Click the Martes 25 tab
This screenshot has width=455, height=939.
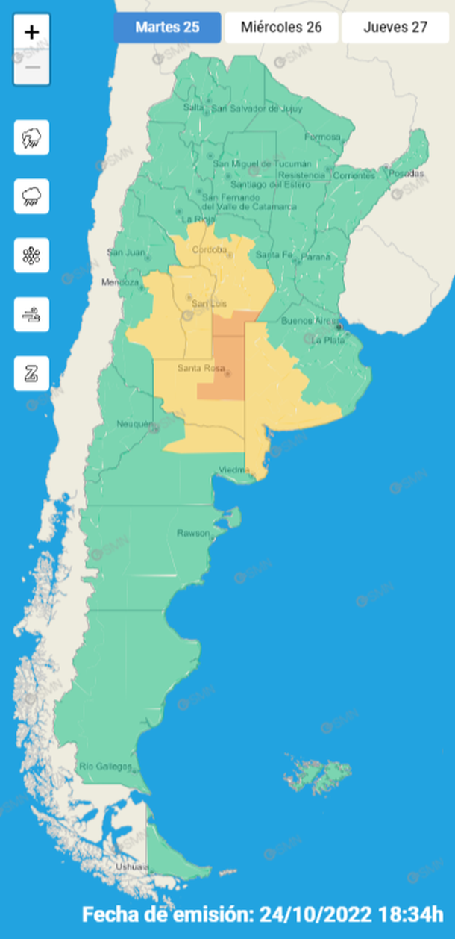(x=167, y=28)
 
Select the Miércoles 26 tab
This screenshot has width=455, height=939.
(x=281, y=28)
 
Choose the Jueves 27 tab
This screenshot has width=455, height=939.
(x=395, y=28)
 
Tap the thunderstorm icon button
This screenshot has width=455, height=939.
(x=31, y=137)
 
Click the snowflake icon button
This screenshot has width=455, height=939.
(x=31, y=255)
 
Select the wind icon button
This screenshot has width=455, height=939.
(x=31, y=314)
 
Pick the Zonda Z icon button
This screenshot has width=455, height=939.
(x=31, y=373)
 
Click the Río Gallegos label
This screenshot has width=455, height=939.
(x=106, y=767)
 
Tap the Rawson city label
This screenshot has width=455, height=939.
(x=193, y=533)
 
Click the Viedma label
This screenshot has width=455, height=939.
(x=232, y=469)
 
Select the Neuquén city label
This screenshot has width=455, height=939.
(x=134, y=425)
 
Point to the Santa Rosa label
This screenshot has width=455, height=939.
(x=196, y=369)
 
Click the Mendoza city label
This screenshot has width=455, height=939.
(x=120, y=283)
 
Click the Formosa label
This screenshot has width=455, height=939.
(x=321, y=137)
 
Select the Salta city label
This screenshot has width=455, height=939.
(x=193, y=107)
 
